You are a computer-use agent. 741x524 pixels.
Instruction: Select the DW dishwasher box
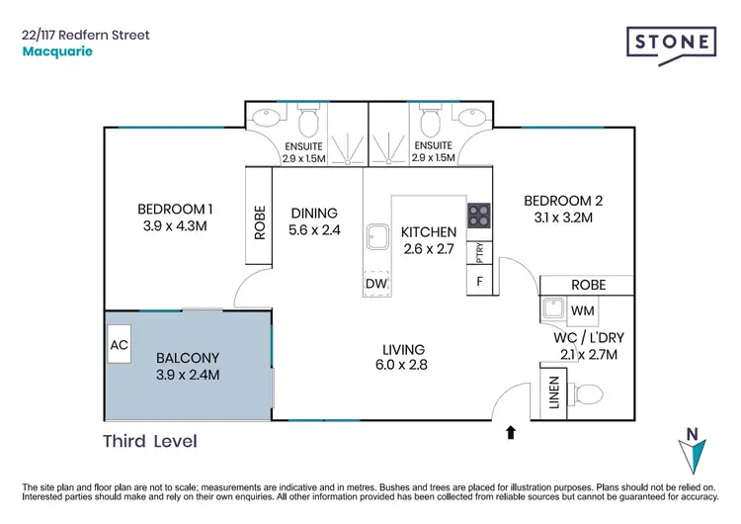pyautogui.click(x=376, y=285)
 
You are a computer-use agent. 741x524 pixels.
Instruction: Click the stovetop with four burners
pyautogui.click(x=479, y=216)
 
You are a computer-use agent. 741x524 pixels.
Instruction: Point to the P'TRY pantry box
pyautogui.click(x=479, y=252)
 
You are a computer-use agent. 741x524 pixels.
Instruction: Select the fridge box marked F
pyautogui.click(x=480, y=281)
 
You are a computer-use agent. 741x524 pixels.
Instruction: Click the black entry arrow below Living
pyautogui.click(x=511, y=432)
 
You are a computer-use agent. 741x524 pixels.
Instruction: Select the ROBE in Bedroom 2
pyautogui.click(x=587, y=285)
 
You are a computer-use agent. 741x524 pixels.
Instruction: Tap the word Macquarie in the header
pyautogui.click(x=57, y=51)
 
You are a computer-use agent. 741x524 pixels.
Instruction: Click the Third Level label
pyautogui.click(x=150, y=441)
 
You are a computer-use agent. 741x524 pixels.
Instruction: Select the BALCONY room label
pyautogui.click(x=187, y=358)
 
